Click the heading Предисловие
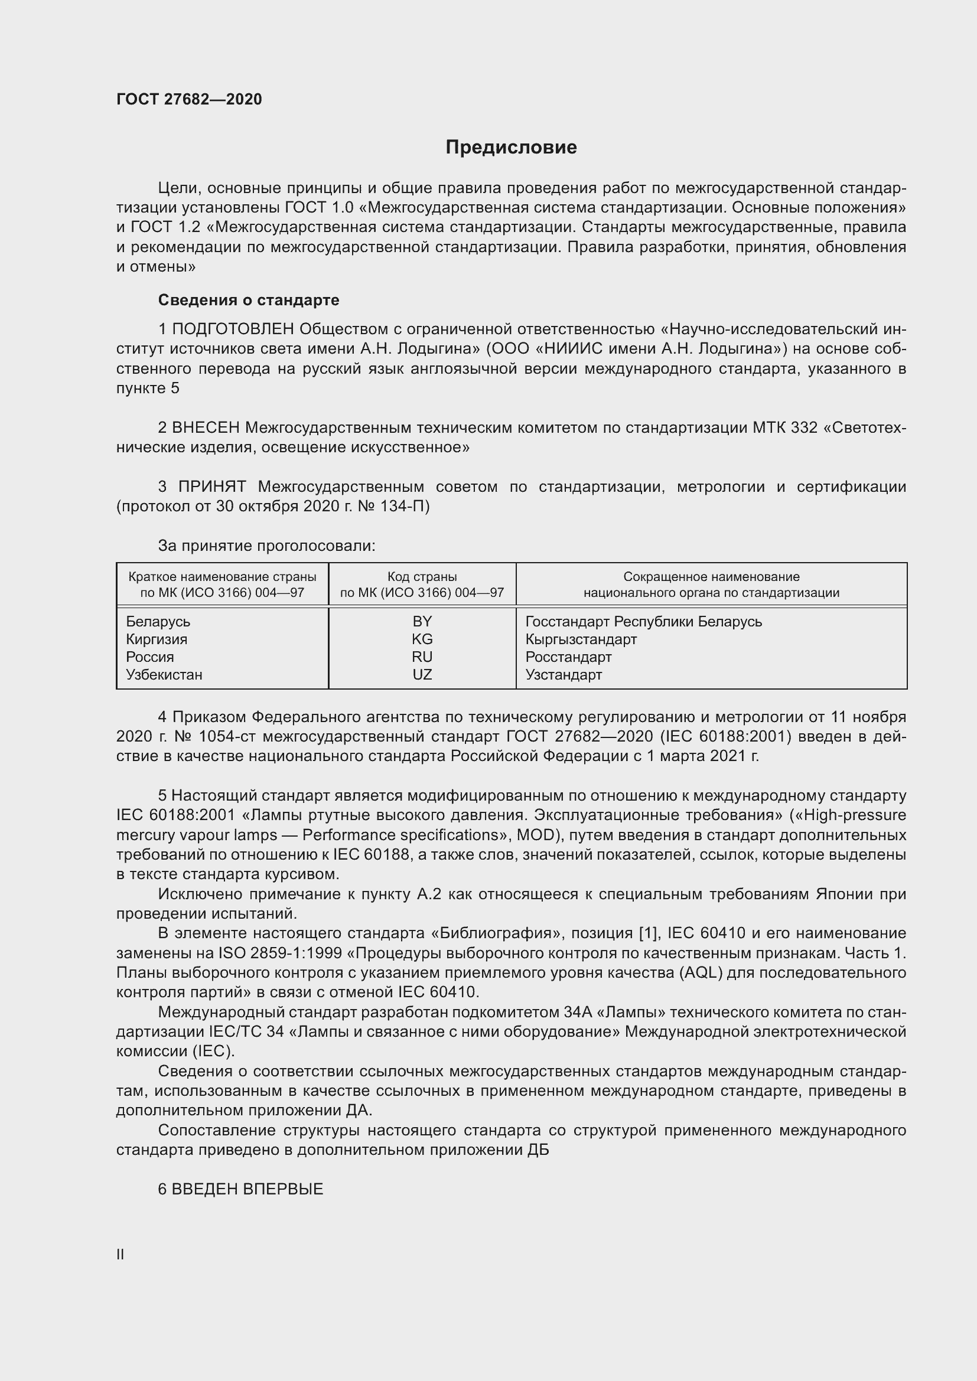pyautogui.click(x=511, y=148)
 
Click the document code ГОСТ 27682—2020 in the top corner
pyautogui.click(x=189, y=99)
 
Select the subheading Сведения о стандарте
pyautogui.click(x=249, y=299)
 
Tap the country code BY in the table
pyautogui.click(x=422, y=621)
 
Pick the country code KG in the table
pyautogui.click(x=422, y=639)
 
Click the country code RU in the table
pyautogui.click(x=422, y=657)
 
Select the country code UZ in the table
pyautogui.click(x=422, y=674)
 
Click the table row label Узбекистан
pyautogui.click(x=164, y=674)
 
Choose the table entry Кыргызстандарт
pyautogui.click(x=581, y=639)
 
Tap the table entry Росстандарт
pyautogui.click(x=568, y=657)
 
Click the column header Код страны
pyautogui.click(x=422, y=576)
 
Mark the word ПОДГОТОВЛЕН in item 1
pyautogui.click(x=233, y=329)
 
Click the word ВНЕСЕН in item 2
pyautogui.click(x=206, y=427)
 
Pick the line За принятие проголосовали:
pyautogui.click(x=266, y=546)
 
